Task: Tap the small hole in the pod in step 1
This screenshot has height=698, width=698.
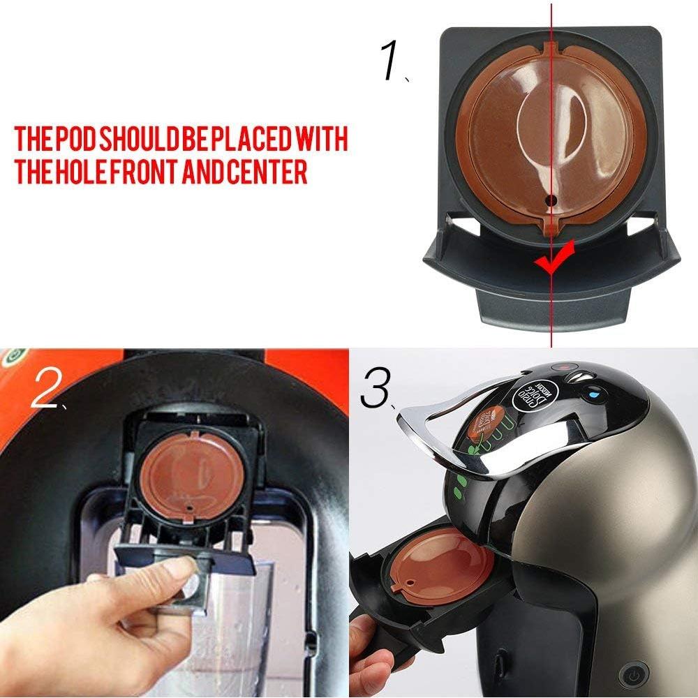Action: (551, 200)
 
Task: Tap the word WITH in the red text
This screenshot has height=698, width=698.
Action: (321, 140)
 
